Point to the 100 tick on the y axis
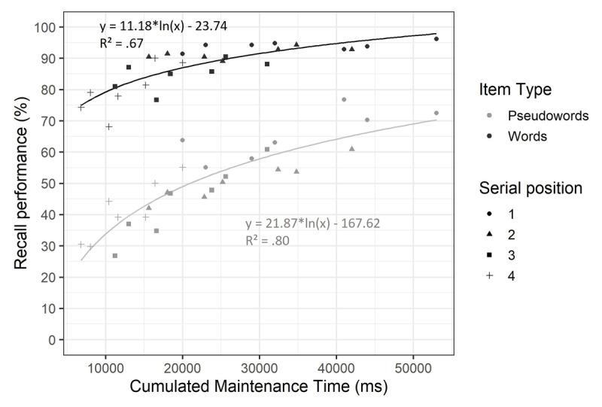[x=50, y=27]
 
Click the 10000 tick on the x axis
[x=106, y=367]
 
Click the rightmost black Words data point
[x=436, y=38]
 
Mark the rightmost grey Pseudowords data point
[x=436, y=113]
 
